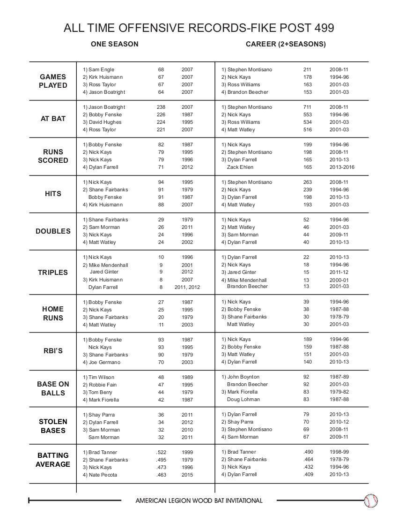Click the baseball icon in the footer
[x=371, y=501]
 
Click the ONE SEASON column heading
[x=115, y=44]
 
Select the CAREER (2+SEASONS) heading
[x=286, y=44]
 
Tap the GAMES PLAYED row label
[x=53, y=81]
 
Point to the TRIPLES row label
[x=53, y=272]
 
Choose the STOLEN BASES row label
[x=53, y=426]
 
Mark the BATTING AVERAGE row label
[x=53, y=460]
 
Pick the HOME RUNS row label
[x=53, y=313]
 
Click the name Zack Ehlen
[x=240, y=167]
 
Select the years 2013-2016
[x=341, y=167]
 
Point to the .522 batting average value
[x=161, y=452]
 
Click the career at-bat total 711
[x=307, y=107]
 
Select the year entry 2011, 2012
[x=191, y=287]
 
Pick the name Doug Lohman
[x=243, y=399]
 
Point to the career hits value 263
[x=307, y=182]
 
